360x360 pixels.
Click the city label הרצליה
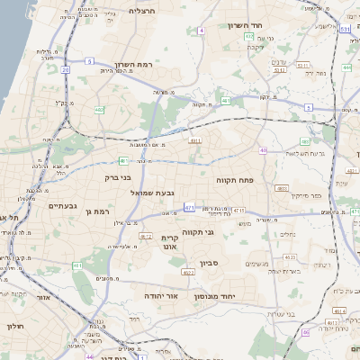click(143, 11)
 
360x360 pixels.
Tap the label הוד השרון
click(244, 25)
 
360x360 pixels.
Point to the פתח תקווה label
click(237, 180)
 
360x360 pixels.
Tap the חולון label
click(13, 327)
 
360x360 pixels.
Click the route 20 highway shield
click(66, 68)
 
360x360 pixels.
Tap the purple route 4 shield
click(202, 31)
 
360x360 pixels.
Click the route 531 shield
click(345, 29)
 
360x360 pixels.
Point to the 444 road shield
click(347, 67)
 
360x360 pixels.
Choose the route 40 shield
click(263, 150)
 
